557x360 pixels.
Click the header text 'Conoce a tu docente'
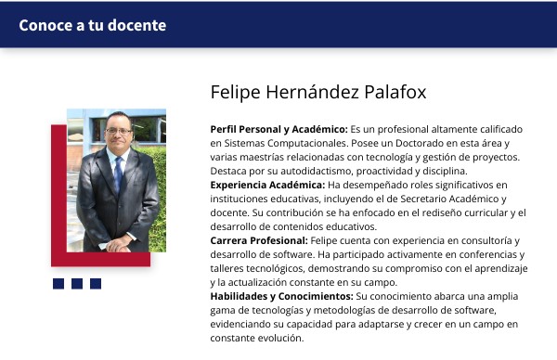click(x=93, y=25)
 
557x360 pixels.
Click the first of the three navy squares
click(x=58, y=284)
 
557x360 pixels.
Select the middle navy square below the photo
click(x=77, y=284)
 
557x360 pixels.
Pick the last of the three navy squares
click(x=96, y=284)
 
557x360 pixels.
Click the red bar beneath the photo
click(x=102, y=260)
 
